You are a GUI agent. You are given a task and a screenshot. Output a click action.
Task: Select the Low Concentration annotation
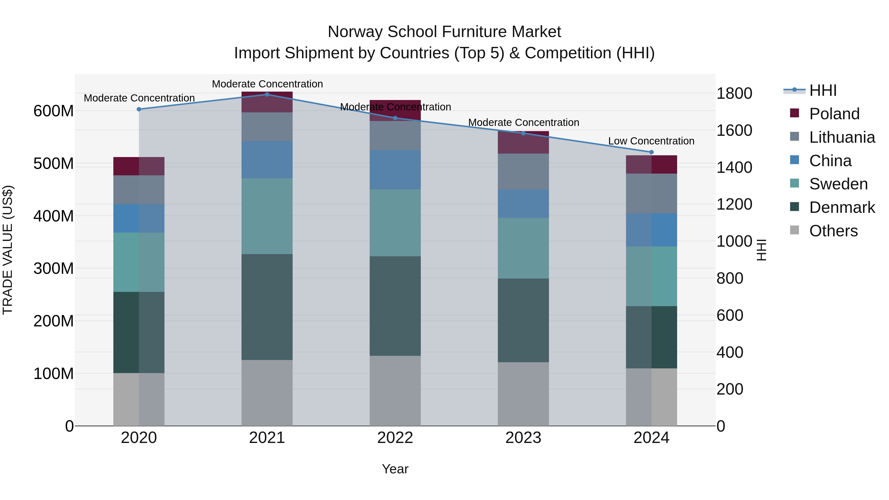click(x=651, y=141)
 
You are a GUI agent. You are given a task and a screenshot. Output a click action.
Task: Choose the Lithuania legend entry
click(x=842, y=137)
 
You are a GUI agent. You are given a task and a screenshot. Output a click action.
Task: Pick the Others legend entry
click(x=833, y=231)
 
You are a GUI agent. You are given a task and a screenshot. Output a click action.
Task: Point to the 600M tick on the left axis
click(x=54, y=111)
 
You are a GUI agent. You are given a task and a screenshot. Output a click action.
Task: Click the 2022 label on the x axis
click(x=395, y=438)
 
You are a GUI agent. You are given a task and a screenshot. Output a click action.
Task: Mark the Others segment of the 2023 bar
click(x=523, y=394)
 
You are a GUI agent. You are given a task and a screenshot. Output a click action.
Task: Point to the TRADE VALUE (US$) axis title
click(x=8, y=250)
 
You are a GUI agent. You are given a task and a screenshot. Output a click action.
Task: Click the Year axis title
click(x=395, y=469)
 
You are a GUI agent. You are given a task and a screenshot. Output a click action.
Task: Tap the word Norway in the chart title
click(x=355, y=32)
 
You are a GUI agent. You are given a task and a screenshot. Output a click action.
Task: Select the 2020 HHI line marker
click(x=139, y=109)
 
